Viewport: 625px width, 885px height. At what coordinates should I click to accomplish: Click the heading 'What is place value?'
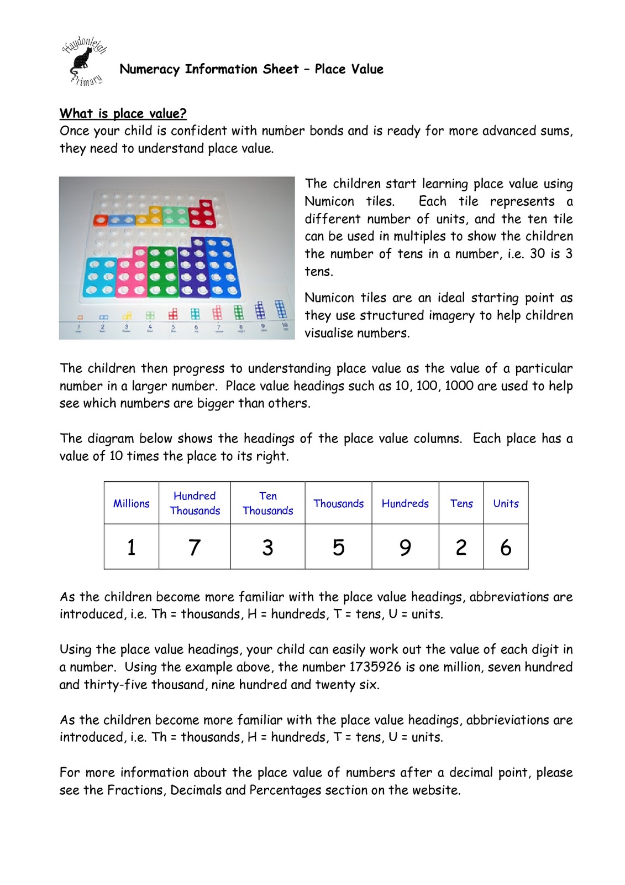[x=123, y=113]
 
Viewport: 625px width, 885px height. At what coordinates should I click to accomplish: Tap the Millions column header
[x=132, y=503]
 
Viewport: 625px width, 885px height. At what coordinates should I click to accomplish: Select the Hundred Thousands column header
[x=195, y=503]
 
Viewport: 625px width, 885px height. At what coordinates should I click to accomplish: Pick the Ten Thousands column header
[x=267, y=503]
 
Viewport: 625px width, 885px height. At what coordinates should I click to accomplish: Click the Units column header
[x=506, y=503]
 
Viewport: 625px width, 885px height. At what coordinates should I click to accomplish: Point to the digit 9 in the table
[x=405, y=548]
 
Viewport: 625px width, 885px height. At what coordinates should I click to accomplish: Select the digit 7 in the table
[x=195, y=548]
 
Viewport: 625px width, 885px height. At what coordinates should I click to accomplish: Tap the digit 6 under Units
[x=506, y=548]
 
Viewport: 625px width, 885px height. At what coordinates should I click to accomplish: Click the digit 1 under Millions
[x=132, y=548]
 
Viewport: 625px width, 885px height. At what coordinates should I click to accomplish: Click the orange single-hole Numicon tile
[x=101, y=221]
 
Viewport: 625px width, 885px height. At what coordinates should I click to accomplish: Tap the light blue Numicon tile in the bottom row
[x=100, y=277]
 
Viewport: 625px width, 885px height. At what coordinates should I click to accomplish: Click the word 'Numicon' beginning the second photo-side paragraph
[x=329, y=298]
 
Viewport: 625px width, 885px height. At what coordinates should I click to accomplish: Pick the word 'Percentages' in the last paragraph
[x=285, y=790]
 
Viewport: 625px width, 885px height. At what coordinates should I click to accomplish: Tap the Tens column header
[x=461, y=503]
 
